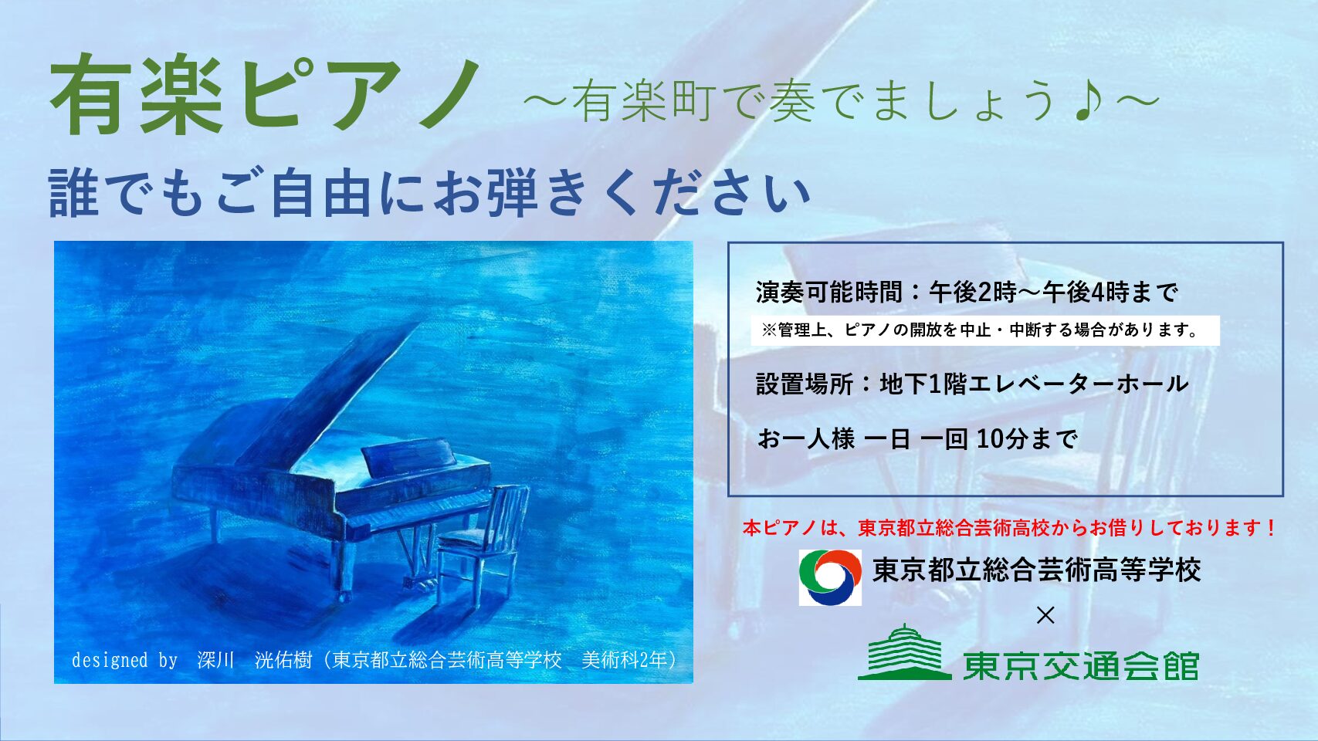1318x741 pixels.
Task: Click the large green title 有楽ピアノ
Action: point(265,95)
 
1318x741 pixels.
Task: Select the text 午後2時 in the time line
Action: point(973,293)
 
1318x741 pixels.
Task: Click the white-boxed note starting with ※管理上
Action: point(985,330)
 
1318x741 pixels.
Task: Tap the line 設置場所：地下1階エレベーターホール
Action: point(972,384)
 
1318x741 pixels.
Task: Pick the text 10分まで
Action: point(1027,438)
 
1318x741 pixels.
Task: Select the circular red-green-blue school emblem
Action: point(830,577)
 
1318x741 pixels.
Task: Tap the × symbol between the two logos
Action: point(1045,616)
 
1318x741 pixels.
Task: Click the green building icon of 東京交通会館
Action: point(904,652)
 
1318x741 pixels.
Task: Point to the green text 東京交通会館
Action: point(1080,665)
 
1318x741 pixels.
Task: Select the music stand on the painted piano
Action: point(408,456)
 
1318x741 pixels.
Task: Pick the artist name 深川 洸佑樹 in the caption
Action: point(254,661)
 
